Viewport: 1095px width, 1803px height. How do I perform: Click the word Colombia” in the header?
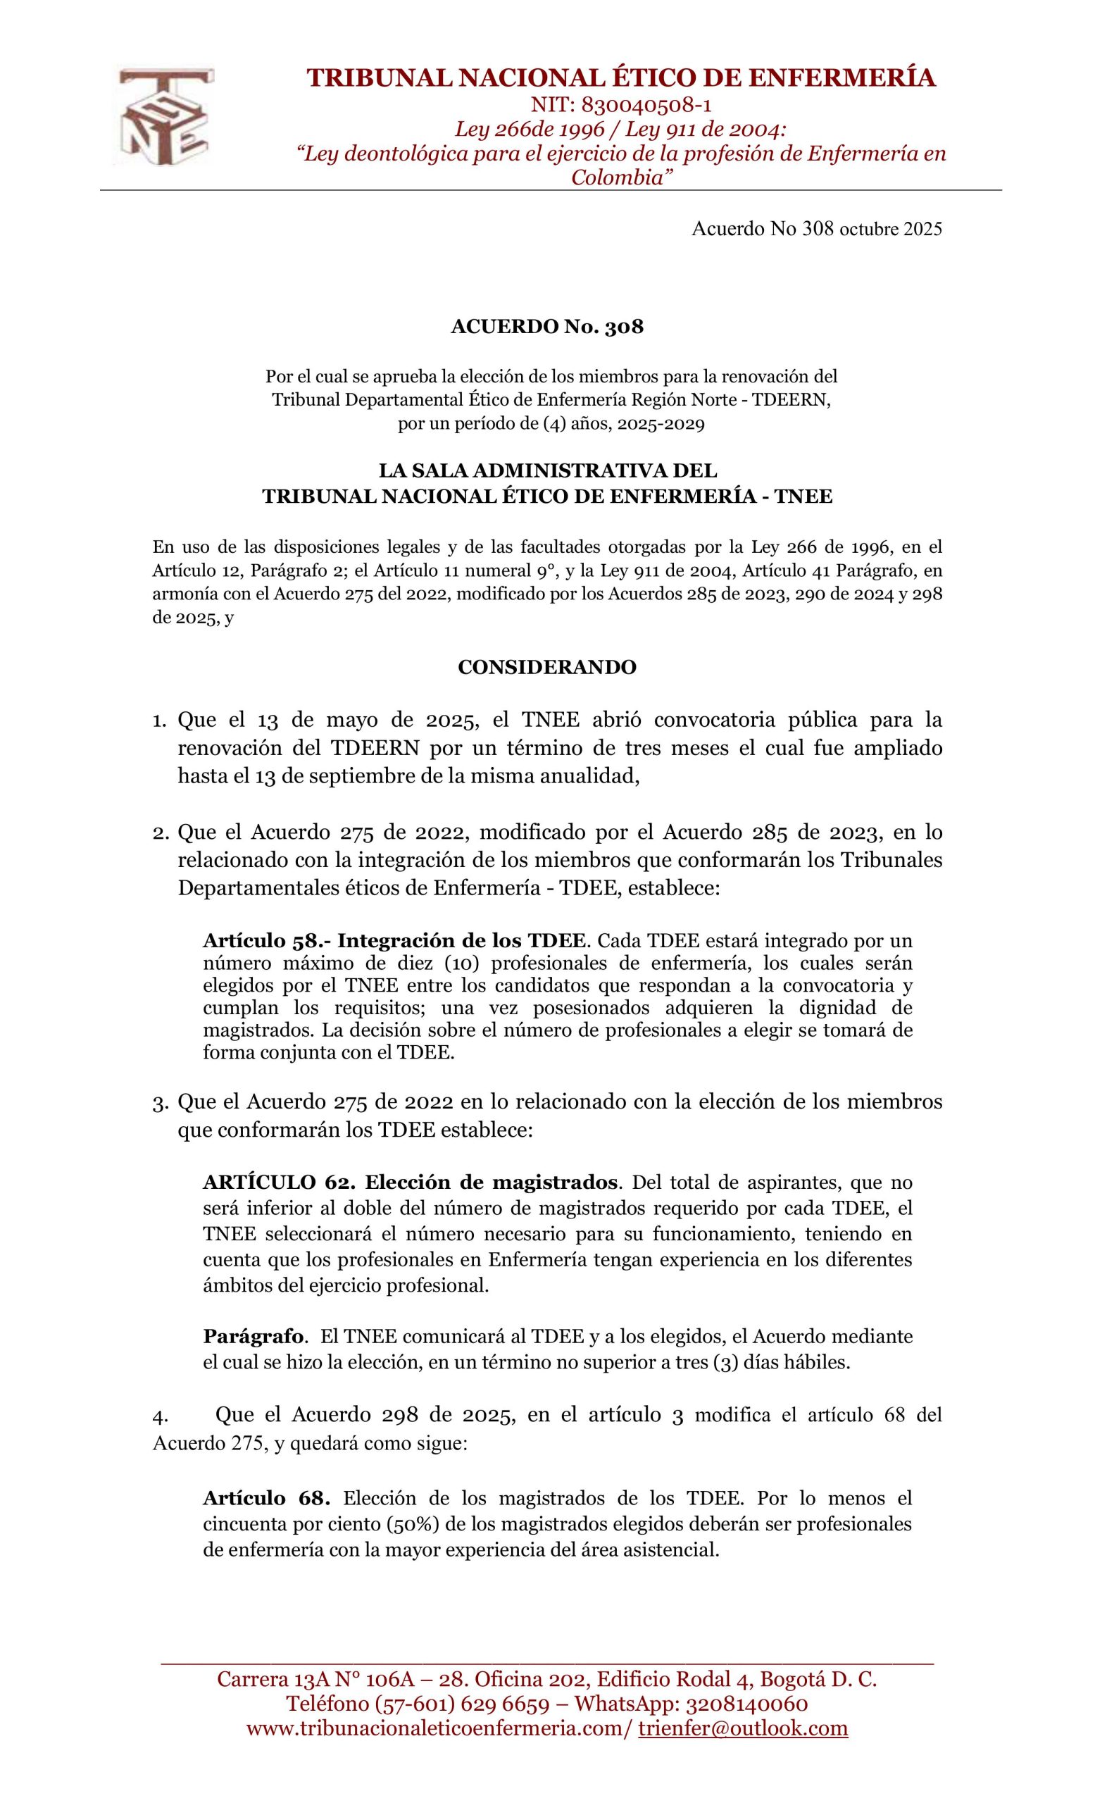click(x=620, y=177)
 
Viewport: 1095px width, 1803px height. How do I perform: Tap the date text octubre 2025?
click(x=890, y=230)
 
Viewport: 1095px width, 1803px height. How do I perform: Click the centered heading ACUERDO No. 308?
click(x=546, y=327)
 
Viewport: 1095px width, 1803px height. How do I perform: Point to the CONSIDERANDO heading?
click(x=546, y=668)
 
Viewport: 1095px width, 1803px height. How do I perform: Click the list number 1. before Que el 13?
click(x=159, y=721)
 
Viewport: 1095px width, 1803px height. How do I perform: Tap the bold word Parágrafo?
click(x=253, y=1337)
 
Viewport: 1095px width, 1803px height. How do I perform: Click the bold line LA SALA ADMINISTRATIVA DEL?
click(x=547, y=470)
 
